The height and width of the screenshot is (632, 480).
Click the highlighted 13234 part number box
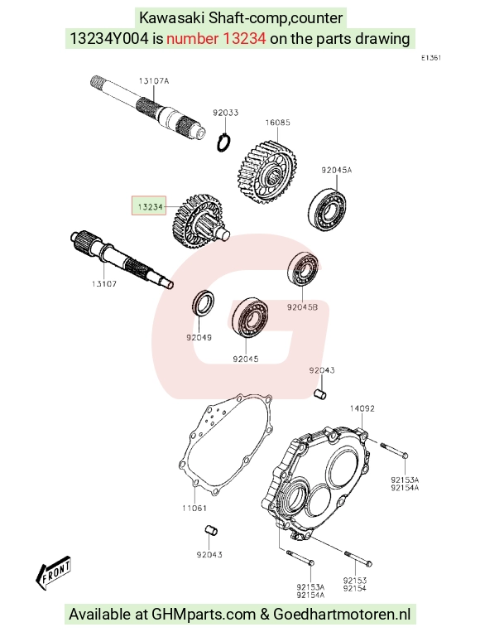(x=149, y=206)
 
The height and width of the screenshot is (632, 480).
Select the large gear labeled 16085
(x=267, y=171)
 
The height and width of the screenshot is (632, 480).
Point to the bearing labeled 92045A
(x=328, y=209)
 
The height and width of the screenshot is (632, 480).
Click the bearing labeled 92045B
(x=303, y=269)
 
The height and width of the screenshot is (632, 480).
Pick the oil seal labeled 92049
(x=203, y=303)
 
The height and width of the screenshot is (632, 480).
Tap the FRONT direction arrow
(x=53, y=572)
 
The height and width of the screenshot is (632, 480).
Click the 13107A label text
(x=154, y=81)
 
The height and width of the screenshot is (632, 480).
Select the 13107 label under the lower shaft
(x=104, y=284)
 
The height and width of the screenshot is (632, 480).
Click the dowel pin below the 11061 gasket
(x=211, y=530)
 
